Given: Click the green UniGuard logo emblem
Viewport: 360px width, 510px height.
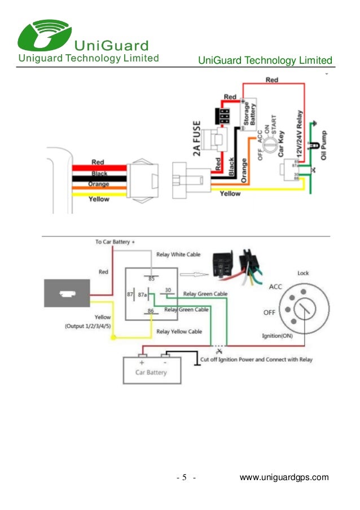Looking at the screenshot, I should tap(43, 34).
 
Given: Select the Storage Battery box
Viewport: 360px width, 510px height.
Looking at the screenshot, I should tap(249, 115).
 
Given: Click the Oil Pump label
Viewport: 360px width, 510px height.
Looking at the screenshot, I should tap(324, 144).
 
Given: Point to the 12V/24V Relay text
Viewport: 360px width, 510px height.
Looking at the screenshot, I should tap(300, 134).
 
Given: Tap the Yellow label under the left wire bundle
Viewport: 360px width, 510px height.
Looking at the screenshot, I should tap(99, 199).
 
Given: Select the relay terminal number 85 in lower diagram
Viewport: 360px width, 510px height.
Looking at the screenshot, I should tap(151, 278).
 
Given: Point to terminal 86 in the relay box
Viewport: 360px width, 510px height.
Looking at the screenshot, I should tap(151, 311).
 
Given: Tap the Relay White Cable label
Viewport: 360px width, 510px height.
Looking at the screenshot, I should tap(178, 254).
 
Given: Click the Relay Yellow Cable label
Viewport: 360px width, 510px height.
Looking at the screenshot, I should tap(179, 331).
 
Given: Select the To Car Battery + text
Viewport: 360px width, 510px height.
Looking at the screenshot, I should tap(115, 242).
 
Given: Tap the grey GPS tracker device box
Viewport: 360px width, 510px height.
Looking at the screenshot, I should tap(67, 294).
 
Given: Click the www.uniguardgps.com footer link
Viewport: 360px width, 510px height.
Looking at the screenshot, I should tap(284, 478).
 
